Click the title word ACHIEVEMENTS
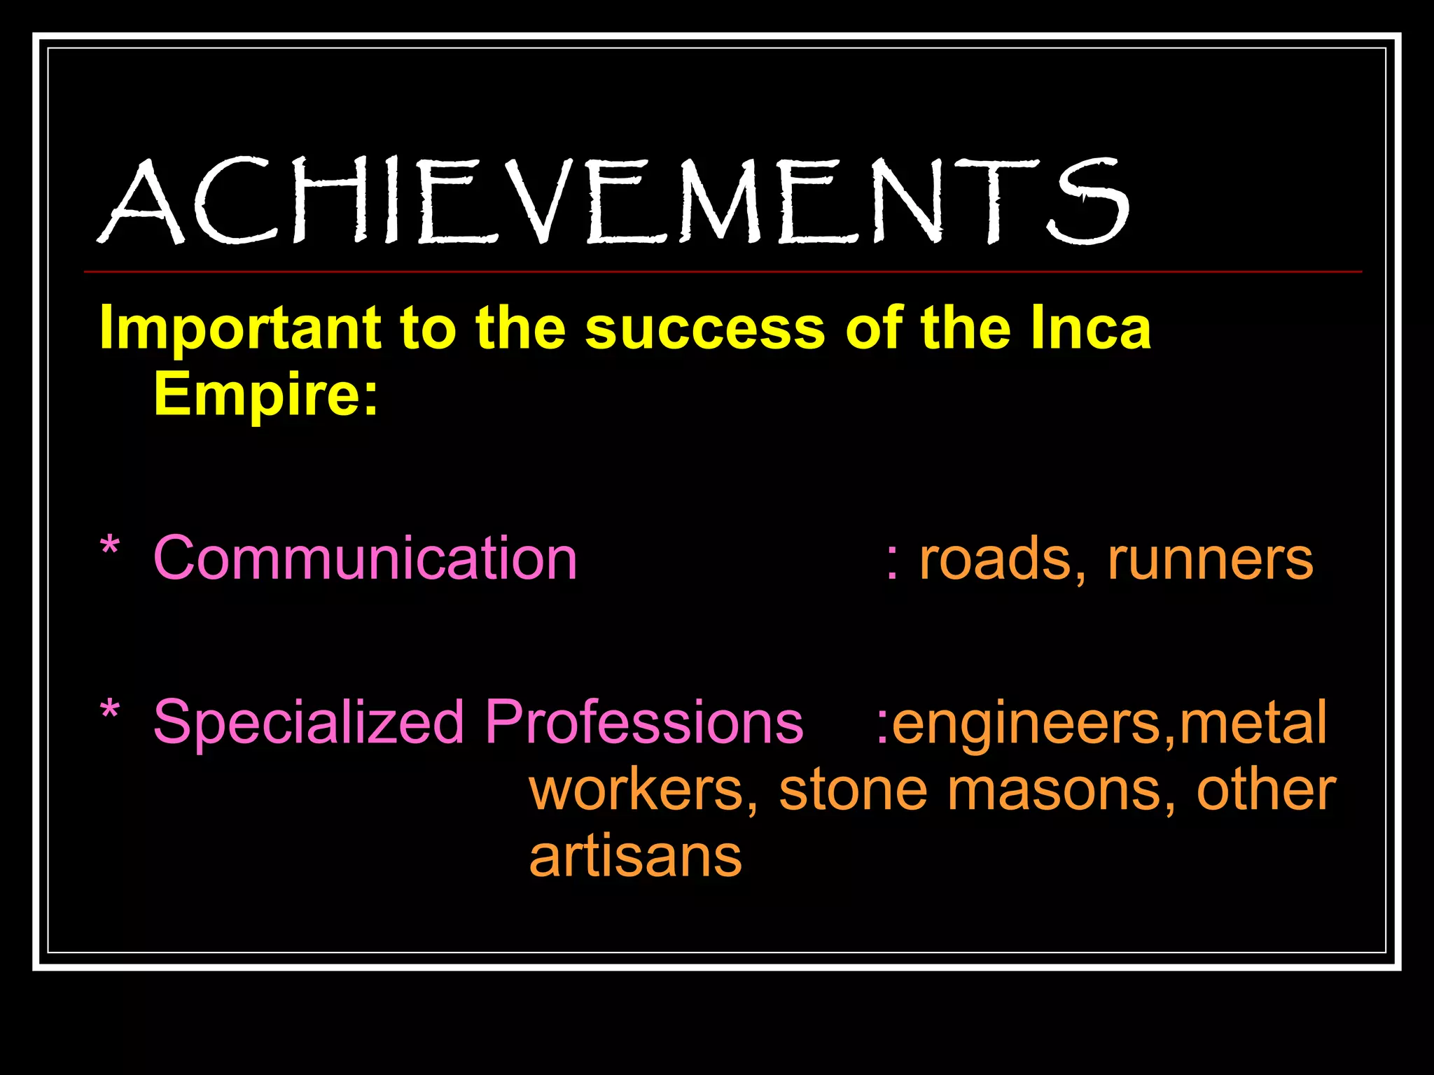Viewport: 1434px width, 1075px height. (612, 202)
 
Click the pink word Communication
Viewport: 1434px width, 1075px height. (365, 558)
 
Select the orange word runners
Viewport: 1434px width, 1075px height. (1210, 560)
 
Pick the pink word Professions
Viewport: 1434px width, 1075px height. (643, 722)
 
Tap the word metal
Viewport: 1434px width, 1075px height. (1253, 722)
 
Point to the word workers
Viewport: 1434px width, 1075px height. (643, 791)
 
